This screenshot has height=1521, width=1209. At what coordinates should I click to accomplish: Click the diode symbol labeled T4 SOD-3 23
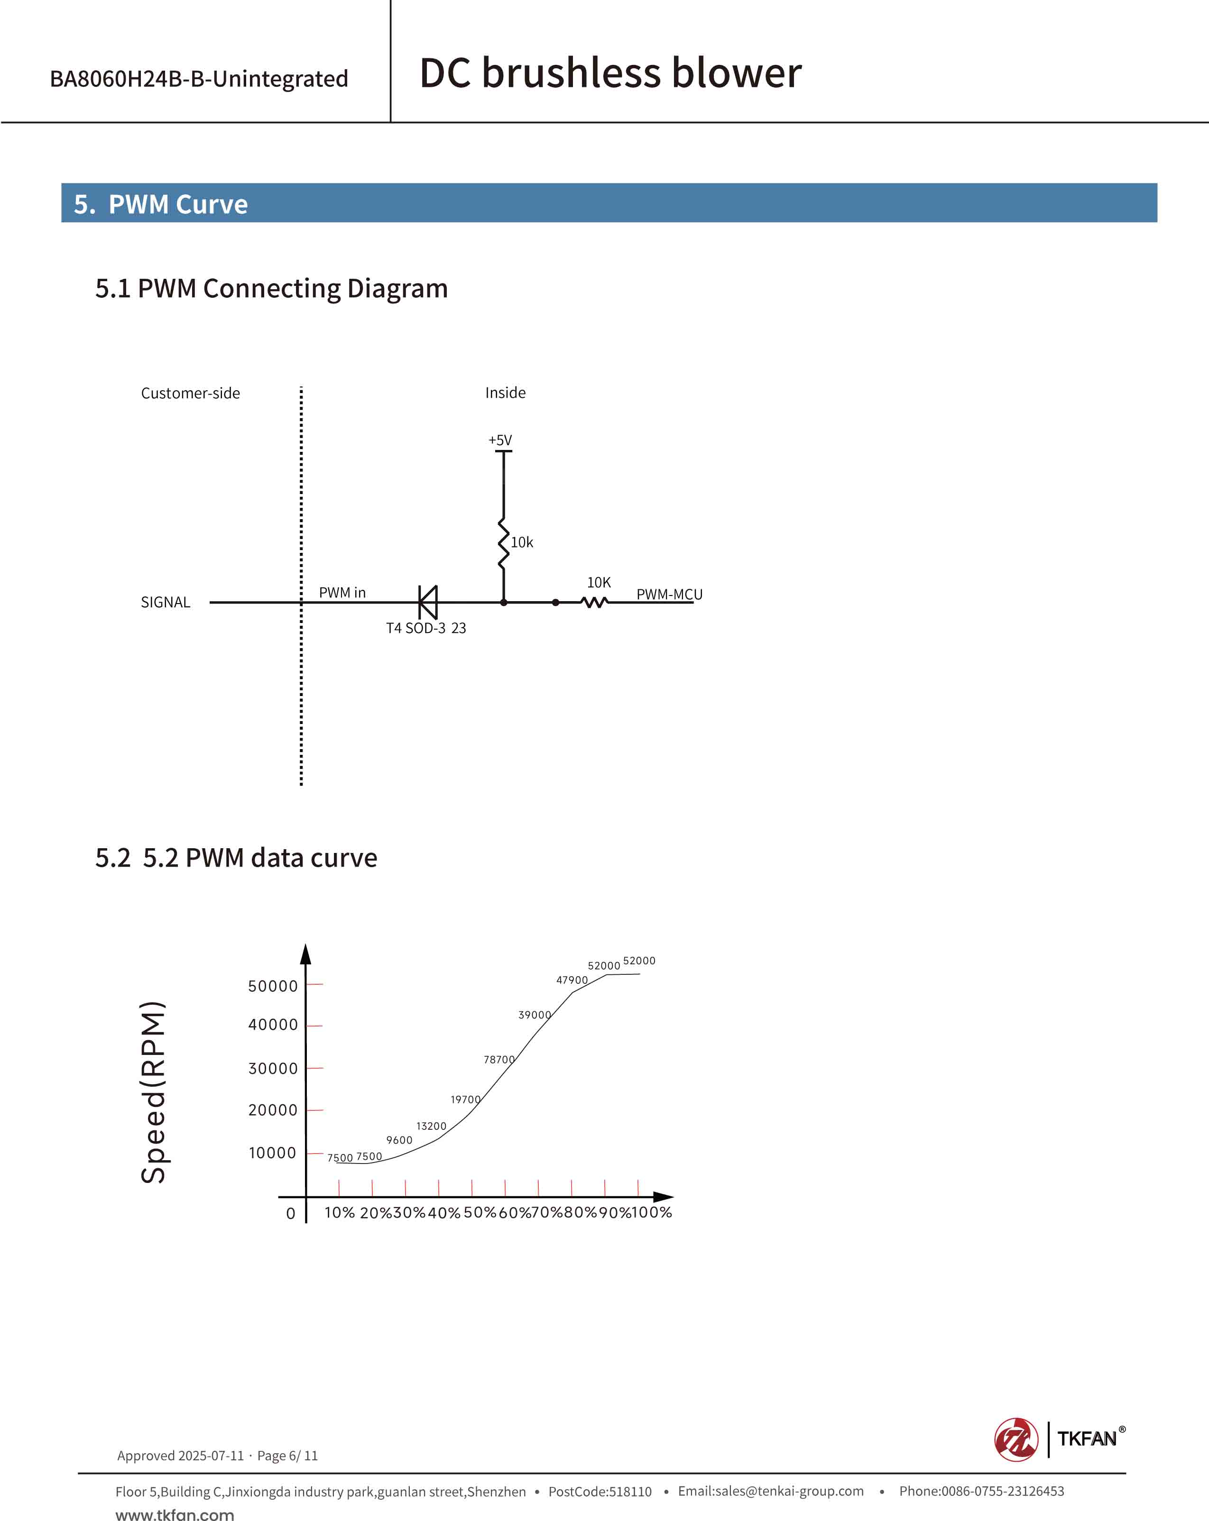coord(428,603)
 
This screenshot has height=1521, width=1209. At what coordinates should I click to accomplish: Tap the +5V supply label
coord(500,440)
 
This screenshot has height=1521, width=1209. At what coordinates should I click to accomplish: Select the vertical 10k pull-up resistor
coord(503,543)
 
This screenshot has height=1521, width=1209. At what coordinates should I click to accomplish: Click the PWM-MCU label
coord(669,594)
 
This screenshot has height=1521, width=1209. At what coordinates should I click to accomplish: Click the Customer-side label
coord(191,393)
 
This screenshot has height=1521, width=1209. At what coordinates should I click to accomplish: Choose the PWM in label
coord(342,593)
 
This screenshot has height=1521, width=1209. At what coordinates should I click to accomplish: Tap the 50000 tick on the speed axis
coord(273,986)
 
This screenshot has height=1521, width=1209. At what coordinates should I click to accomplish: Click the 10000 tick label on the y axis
coord(272,1153)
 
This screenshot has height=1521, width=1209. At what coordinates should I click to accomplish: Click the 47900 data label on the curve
coord(572,980)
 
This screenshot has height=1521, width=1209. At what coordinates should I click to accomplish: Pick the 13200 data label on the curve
coord(431,1126)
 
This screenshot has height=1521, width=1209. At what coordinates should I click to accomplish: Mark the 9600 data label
coord(399,1140)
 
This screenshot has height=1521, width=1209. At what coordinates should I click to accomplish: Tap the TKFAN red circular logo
coord(1015,1439)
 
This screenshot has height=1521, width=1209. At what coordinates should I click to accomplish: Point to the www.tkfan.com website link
coord(175,1514)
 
